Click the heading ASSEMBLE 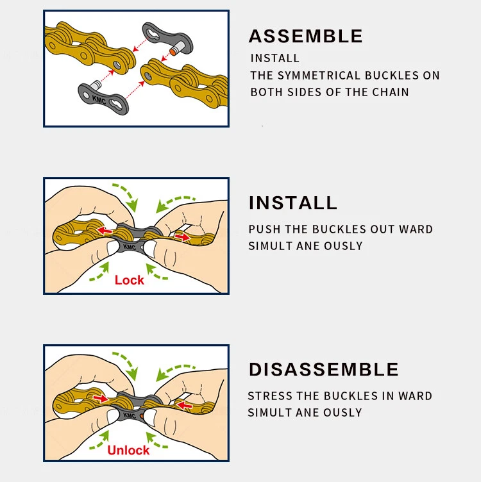pyautogui.click(x=305, y=36)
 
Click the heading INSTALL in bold pyautogui.click(x=292, y=203)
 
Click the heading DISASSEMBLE pyautogui.click(x=323, y=369)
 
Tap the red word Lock pyautogui.click(x=130, y=280)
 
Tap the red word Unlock pyautogui.click(x=128, y=451)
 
